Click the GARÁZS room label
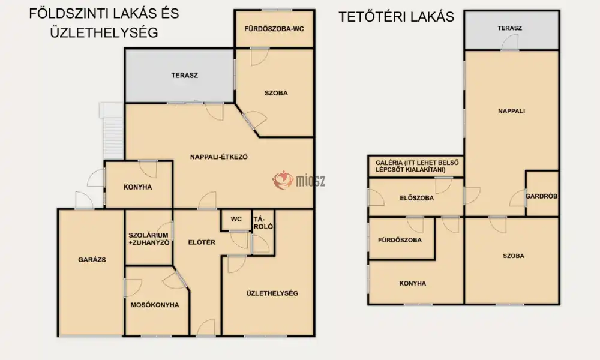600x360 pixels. (x=92, y=260)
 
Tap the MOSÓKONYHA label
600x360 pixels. (x=155, y=305)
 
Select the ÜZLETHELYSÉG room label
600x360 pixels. (x=272, y=293)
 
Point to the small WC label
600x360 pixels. (x=236, y=219)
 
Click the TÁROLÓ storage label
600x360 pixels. (x=263, y=223)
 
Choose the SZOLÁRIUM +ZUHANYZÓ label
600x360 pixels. (x=148, y=239)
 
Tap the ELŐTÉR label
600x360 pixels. (x=202, y=242)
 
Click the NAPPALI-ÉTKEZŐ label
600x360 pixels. (x=219, y=157)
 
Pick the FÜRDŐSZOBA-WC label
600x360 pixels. (x=274, y=29)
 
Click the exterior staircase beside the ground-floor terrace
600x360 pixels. (x=113, y=130)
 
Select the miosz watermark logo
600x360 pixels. (x=299, y=180)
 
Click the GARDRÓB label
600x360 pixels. (x=541, y=196)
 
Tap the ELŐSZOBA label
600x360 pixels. (x=417, y=198)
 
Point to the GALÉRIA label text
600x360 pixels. (x=417, y=166)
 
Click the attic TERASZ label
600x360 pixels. (x=509, y=28)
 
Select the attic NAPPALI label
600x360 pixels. (x=512, y=112)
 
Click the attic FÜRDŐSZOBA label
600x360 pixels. (x=400, y=240)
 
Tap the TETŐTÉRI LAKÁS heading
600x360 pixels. (x=397, y=17)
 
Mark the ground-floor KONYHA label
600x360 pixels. (x=138, y=187)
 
